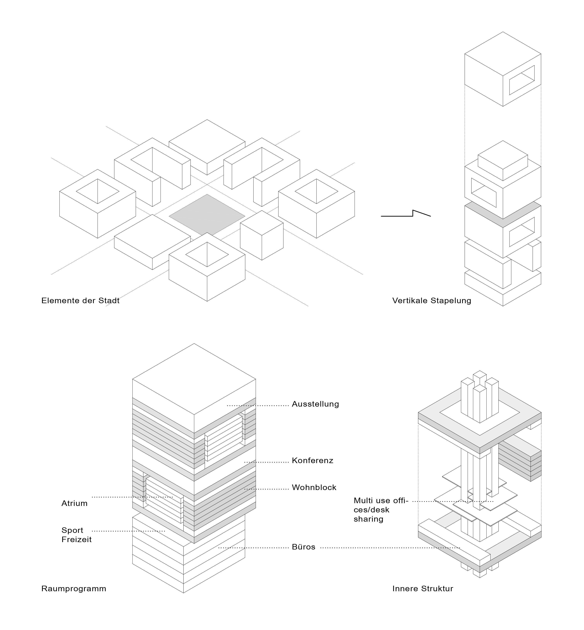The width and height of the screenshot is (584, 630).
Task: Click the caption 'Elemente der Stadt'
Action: pos(80,300)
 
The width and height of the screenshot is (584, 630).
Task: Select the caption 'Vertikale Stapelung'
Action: pos(432,300)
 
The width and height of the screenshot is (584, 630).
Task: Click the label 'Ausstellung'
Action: pos(315,404)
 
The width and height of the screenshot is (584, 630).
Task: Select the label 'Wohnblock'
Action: pos(314,487)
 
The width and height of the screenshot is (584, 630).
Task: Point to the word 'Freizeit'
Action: pos(76,540)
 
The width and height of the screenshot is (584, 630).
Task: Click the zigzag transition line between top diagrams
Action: pos(406,214)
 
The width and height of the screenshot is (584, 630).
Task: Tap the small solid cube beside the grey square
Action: pos(262,235)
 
